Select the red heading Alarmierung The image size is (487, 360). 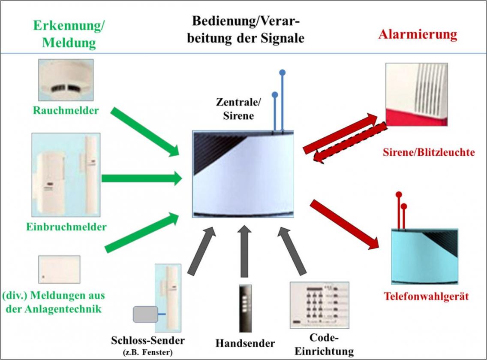pyautogui.click(x=418, y=34)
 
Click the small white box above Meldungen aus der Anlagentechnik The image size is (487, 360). pyautogui.click(x=59, y=269)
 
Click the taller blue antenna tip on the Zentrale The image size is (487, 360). pyautogui.click(x=282, y=73)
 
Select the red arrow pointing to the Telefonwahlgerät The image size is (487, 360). pyautogui.click(x=345, y=224)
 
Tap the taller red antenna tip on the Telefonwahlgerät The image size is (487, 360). pyautogui.click(x=399, y=194)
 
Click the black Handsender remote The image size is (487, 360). pyautogui.click(x=244, y=308)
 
